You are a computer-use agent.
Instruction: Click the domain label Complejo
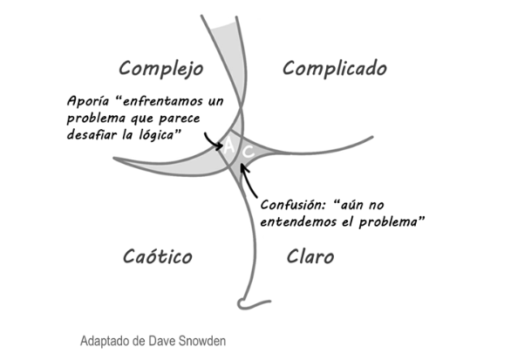[161, 69]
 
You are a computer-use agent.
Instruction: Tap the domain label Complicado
[335, 68]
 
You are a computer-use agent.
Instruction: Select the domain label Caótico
[158, 256]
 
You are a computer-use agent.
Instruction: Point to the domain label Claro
[310, 256]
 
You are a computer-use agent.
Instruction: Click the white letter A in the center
[229, 146]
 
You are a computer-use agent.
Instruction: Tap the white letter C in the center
[249, 151]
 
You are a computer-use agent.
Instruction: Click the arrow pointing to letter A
[212, 141]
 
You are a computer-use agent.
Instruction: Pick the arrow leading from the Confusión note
[248, 180]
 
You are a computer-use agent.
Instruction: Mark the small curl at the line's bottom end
[242, 303]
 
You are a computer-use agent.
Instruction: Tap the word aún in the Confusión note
[350, 205]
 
